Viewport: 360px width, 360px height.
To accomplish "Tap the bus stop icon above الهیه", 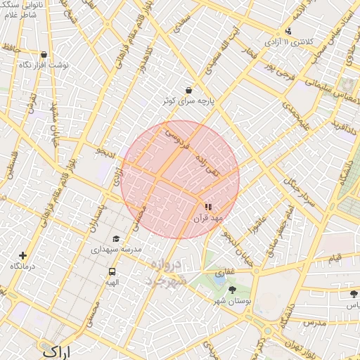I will (112, 272).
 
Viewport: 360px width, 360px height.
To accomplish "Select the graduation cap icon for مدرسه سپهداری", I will (116, 239).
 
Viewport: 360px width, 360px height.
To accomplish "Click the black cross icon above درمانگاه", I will (23, 256).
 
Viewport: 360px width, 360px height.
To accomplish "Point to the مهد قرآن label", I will (207, 219).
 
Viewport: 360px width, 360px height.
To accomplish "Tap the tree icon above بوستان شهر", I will (233, 290).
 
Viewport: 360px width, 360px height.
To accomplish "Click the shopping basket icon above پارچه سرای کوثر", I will (188, 90).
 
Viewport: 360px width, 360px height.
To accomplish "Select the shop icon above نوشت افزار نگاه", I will (44, 54).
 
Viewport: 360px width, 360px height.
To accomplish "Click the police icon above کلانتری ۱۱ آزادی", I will (288, 31).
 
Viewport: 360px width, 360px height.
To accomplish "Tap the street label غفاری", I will (224, 271).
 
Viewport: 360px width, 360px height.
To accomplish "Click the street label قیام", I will (335, 259).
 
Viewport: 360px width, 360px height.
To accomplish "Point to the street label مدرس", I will (314, 323).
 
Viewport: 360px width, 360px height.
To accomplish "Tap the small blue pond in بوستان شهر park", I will (219, 278).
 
